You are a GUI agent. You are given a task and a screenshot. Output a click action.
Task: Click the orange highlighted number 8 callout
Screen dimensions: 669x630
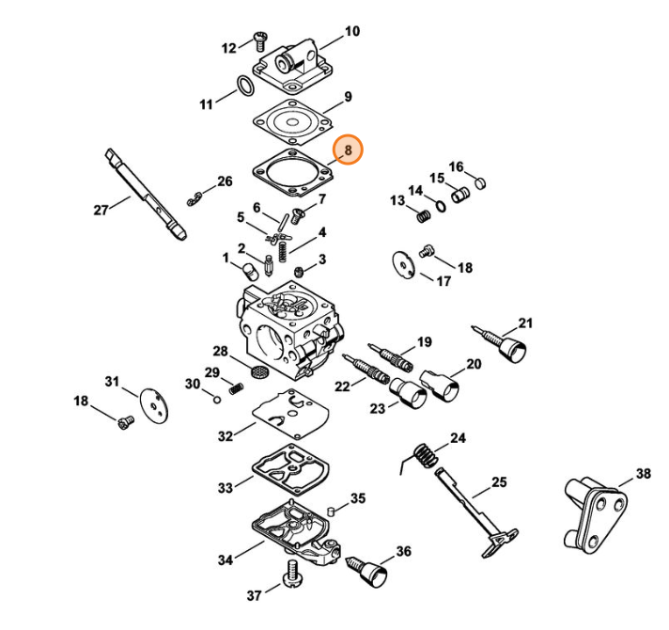click(348, 150)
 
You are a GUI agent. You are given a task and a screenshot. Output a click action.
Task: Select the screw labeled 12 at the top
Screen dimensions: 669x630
click(260, 40)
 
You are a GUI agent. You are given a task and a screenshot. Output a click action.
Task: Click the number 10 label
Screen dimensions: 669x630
click(352, 31)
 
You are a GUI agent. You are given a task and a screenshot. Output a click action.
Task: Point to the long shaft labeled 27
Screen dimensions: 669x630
click(145, 195)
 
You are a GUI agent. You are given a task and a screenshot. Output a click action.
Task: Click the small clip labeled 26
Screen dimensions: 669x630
click(195, 199)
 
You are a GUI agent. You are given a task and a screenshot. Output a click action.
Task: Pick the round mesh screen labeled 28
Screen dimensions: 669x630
click(257, 370)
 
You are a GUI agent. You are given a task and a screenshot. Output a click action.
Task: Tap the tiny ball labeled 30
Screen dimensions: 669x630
click(217, 400)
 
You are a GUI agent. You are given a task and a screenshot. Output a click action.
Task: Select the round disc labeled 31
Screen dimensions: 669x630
click(154, 404)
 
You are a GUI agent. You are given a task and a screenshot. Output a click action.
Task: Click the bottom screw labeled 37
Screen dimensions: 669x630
click(293, 575)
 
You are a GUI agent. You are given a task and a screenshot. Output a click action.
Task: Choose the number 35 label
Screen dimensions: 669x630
click(358, 498)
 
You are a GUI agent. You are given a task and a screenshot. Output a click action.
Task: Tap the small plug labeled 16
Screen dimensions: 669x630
click(480, 183)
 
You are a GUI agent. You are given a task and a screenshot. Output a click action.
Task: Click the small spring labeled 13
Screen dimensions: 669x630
click(423, 216)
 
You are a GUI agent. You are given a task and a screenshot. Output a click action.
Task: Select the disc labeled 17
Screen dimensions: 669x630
click(403, 265)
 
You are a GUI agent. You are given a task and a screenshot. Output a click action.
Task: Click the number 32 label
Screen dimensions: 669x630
click(226, 436)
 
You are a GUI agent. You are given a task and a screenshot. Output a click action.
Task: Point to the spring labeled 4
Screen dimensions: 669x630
click(282, 252)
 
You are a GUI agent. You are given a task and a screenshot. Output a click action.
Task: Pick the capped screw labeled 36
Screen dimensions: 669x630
click(367, 571)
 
